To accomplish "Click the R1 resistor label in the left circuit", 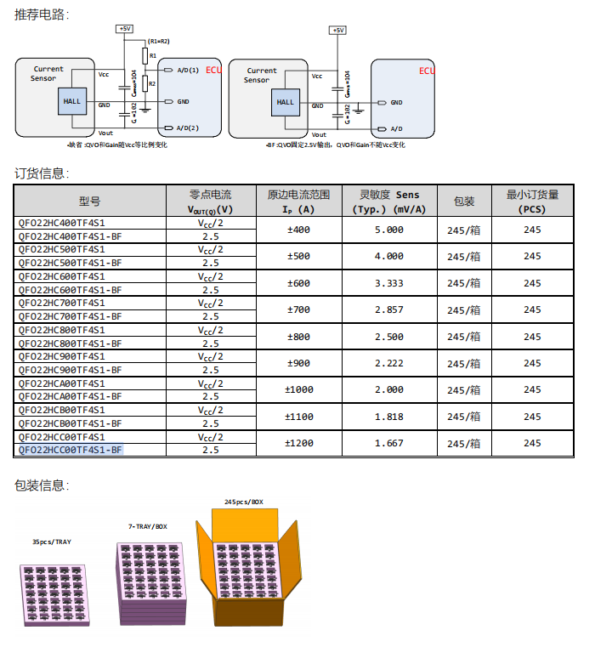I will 153,55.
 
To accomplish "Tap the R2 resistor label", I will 153,83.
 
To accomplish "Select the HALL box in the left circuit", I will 72,101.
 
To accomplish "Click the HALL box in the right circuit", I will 286,102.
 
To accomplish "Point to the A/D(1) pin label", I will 188,71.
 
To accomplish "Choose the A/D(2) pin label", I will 188,128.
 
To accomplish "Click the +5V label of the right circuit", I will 339,30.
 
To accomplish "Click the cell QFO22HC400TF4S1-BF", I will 71,236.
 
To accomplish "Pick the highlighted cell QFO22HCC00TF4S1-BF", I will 71,450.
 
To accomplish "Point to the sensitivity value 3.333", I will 389,282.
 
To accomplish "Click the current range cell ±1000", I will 298,389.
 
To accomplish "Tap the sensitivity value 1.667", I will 389,443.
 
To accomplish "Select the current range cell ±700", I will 298,309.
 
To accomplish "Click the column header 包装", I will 464,201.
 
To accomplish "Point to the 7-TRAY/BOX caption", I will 148,527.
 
